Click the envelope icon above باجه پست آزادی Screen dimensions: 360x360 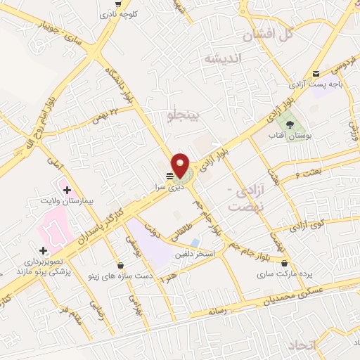click(316, 73)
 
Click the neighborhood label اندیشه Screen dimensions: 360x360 click(221, 59)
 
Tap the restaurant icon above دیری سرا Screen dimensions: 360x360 click(169, 176)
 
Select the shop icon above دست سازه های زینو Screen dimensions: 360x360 click(122, 266)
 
